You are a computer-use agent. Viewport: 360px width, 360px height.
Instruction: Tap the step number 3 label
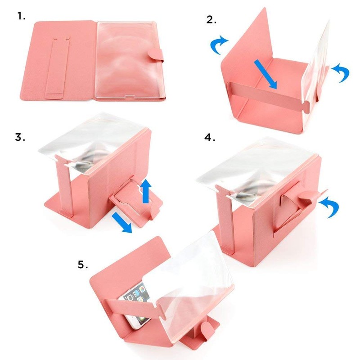tap(20, 137)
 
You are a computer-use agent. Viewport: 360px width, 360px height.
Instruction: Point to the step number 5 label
tap(83, 265)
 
